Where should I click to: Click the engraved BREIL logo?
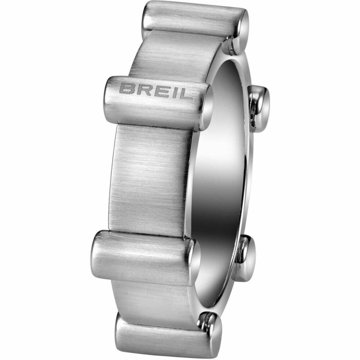pyautogui.click(x=156, y=91)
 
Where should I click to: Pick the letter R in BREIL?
pyautogui.click(x=141, y=89)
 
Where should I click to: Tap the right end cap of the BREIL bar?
pyautogui.click(x=205, y=107)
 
